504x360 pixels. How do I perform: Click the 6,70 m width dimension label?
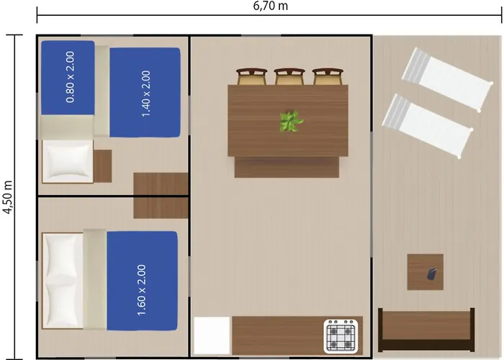(270, 6)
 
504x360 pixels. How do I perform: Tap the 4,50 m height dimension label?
(7, 197)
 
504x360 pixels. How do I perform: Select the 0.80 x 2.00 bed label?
(70, 77)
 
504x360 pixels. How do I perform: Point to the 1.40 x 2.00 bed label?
(145, 94)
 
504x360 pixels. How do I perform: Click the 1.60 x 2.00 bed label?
(141, 290)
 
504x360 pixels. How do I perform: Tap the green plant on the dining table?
(291, 122)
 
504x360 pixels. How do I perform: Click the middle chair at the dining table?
(289, 76)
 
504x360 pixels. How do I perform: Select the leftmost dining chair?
(252, 76)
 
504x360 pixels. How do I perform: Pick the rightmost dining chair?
(328, 76)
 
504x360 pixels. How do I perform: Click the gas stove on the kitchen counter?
(341, 336)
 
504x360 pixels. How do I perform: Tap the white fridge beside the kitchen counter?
(212, 336)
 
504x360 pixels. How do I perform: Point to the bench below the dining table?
(287, 167)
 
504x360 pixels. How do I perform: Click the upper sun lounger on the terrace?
(447, 79)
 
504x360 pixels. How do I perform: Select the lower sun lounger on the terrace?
(428, 126)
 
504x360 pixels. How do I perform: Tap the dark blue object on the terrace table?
(431, 274)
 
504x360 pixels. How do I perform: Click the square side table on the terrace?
(426, 272)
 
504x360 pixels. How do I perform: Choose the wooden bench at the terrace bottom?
(426, 330)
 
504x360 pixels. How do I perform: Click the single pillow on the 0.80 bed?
(68, 161)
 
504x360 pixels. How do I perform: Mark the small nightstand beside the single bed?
(102, 166)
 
